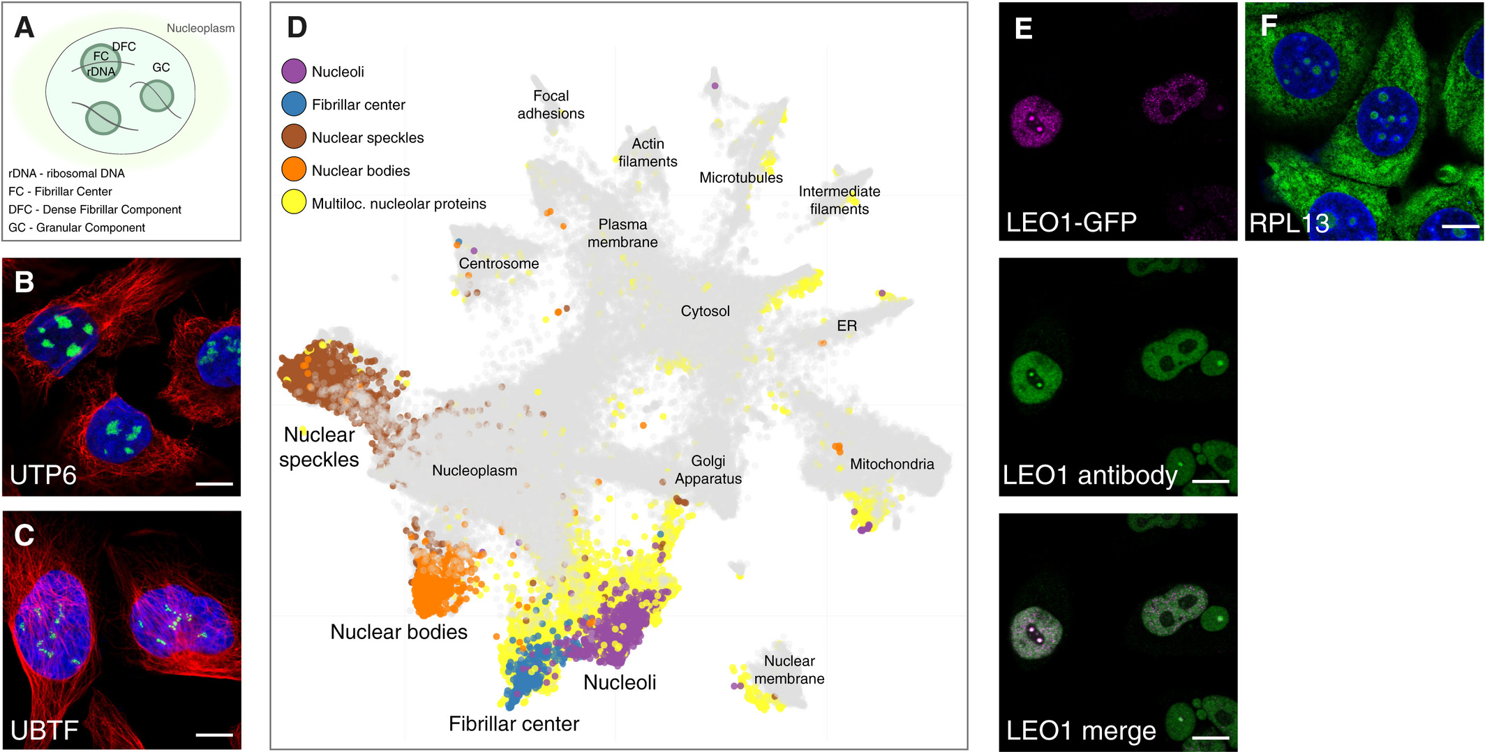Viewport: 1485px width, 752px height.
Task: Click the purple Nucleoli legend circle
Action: tap(294, 71)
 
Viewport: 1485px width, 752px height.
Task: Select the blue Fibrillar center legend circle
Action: tap(294, 104)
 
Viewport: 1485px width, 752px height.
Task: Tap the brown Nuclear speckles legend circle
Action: tap(294, 137)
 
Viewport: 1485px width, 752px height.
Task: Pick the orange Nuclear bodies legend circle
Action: tap(294, 170)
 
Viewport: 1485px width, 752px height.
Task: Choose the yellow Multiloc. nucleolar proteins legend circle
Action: tap(294, 203)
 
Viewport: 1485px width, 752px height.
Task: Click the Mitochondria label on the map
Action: tap(891, 464)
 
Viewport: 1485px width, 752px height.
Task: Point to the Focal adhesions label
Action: tap(551, 105)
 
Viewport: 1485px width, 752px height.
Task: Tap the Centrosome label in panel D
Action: tap(498, 264)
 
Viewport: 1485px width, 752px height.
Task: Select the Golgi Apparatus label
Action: tap(708, 469)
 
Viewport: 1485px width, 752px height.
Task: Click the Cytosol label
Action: tap(705, 311)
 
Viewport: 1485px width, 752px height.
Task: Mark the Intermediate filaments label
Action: tap(839, 200)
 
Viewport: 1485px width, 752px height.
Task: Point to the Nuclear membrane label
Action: tap(789, 670)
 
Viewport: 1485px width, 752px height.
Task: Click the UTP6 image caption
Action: tap(43, 475)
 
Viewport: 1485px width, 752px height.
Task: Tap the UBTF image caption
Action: tap(45, 730)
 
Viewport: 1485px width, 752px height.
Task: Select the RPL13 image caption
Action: tap(1288, 223)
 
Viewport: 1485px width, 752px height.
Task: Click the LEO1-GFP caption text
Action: tap(1071, 223)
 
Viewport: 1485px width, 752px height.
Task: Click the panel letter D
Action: tap(297, 27)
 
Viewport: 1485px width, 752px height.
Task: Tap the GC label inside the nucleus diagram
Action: tap(161, 68)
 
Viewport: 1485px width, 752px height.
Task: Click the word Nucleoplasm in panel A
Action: tap(200, 29)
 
